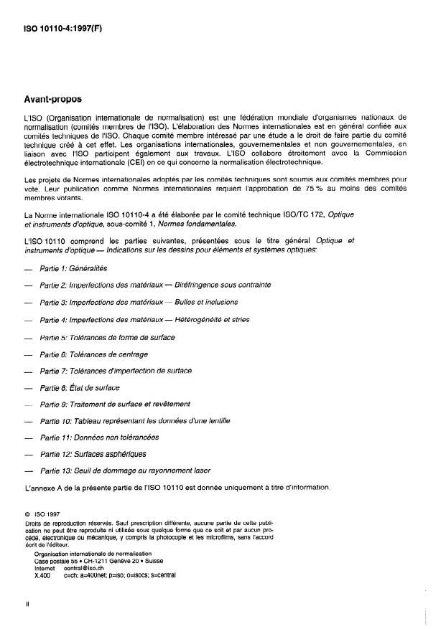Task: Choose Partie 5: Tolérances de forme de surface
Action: pyautogui.click(x=107, y=336)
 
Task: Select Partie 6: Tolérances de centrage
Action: pyautogui.click(x=94, y=354)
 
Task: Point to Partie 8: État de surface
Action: pyautogui.click(x=80, y=387)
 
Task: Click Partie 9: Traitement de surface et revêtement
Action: pyautogui.click(x=115, y=404)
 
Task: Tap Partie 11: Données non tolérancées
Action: pyautogui.click(x=99, y=437)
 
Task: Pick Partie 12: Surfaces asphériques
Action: pyautogui.click(x=93, y=453)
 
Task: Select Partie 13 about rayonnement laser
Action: pyautogui.click(x=126, y=470)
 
